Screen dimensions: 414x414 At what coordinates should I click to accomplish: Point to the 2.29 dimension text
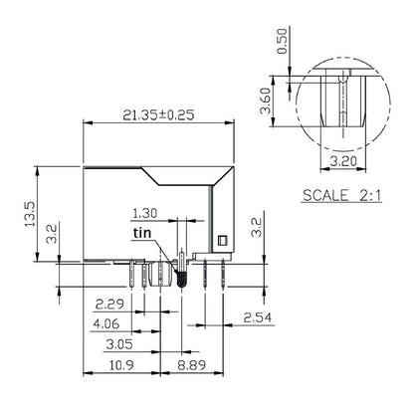pos(108,304)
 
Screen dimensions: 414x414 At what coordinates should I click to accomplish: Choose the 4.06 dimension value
pos(108,323)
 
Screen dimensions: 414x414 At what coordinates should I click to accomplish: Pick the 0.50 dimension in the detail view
pos(283,39)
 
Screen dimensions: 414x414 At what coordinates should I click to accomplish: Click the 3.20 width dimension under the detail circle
pos(342,157)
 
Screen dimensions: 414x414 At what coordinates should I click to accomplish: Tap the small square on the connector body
pos(223,239)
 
